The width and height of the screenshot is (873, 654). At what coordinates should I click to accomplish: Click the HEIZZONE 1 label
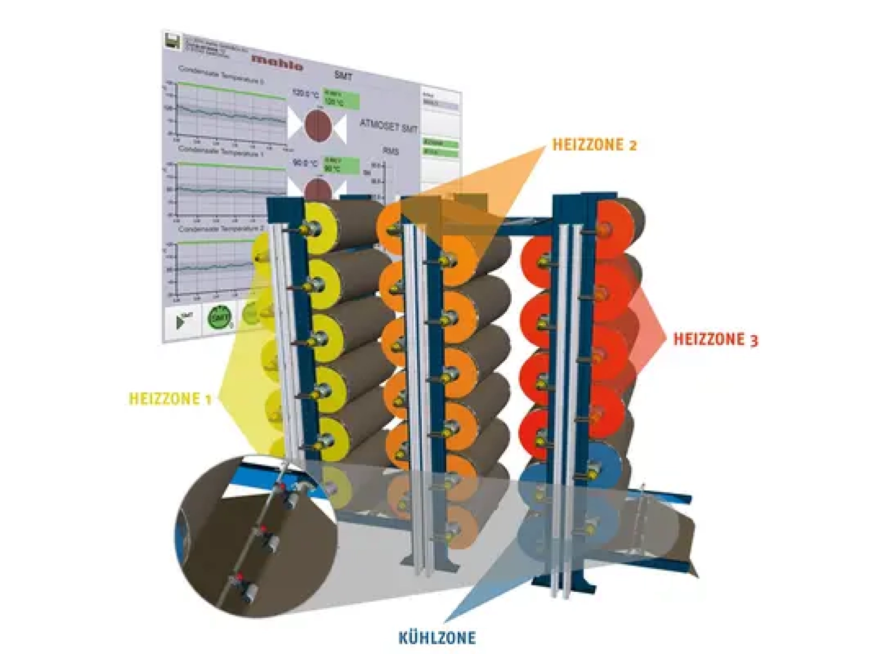point(170,399)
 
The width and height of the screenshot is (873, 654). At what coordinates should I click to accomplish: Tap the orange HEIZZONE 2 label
point(594,145)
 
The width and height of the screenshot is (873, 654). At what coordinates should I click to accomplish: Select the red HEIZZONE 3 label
point(715,340)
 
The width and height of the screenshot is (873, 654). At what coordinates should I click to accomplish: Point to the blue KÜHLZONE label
point(437,637)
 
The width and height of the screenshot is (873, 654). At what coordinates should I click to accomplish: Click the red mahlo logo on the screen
point(277,62)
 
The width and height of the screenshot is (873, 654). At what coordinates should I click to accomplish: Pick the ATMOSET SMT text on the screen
point(388,126)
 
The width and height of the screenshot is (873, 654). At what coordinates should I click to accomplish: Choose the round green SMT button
point(220,317)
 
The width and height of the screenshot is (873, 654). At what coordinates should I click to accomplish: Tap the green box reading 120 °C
point(340,99)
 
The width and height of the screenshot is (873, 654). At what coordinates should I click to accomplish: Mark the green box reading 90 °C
point(340,165)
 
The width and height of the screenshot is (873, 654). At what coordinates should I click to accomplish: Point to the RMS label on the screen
point(391,151)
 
